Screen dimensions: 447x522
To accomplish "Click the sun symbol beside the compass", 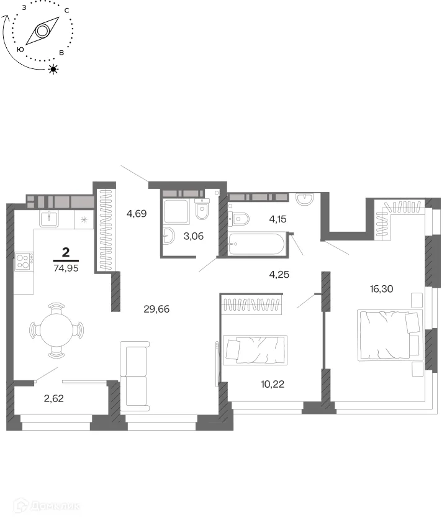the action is click(53, 69).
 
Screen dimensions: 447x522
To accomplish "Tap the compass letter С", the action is click(67, 11).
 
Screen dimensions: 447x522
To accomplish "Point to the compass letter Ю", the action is click(20, 49).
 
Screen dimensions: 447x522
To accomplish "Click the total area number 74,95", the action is click(66, 268).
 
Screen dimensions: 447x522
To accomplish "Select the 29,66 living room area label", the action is click(156, 309).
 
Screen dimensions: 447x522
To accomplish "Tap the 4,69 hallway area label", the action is click(137, 213).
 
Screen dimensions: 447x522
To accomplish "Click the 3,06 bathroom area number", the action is click(194, 236).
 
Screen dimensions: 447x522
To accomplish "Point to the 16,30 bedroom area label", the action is click(381, 289).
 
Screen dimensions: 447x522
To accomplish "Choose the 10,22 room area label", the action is click(273, 384).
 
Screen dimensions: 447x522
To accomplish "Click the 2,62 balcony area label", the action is click(54, 398).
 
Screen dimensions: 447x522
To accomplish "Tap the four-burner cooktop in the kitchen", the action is click(24, 262).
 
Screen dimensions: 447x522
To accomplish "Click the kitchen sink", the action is click(49, 218).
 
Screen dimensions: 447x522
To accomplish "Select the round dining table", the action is click(56, 330).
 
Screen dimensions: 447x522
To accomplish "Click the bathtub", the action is click(256, 244).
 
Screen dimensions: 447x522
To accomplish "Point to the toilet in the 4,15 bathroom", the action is click(239, 219).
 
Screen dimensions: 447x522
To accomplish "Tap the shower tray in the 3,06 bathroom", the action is click(176, 212).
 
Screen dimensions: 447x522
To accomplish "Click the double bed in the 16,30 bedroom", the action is click(390, 335).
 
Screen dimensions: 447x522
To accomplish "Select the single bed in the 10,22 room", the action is click(255, 350).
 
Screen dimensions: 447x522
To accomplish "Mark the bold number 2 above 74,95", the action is click(66, 252).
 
